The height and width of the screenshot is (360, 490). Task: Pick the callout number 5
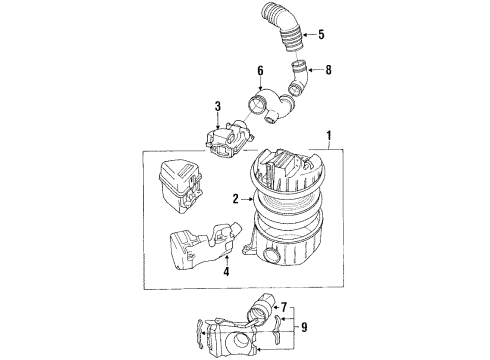[x=321, y=35]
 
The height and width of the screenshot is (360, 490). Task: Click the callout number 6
[x=260, y=72]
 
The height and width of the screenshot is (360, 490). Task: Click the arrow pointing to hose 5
[x=306, y=35]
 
